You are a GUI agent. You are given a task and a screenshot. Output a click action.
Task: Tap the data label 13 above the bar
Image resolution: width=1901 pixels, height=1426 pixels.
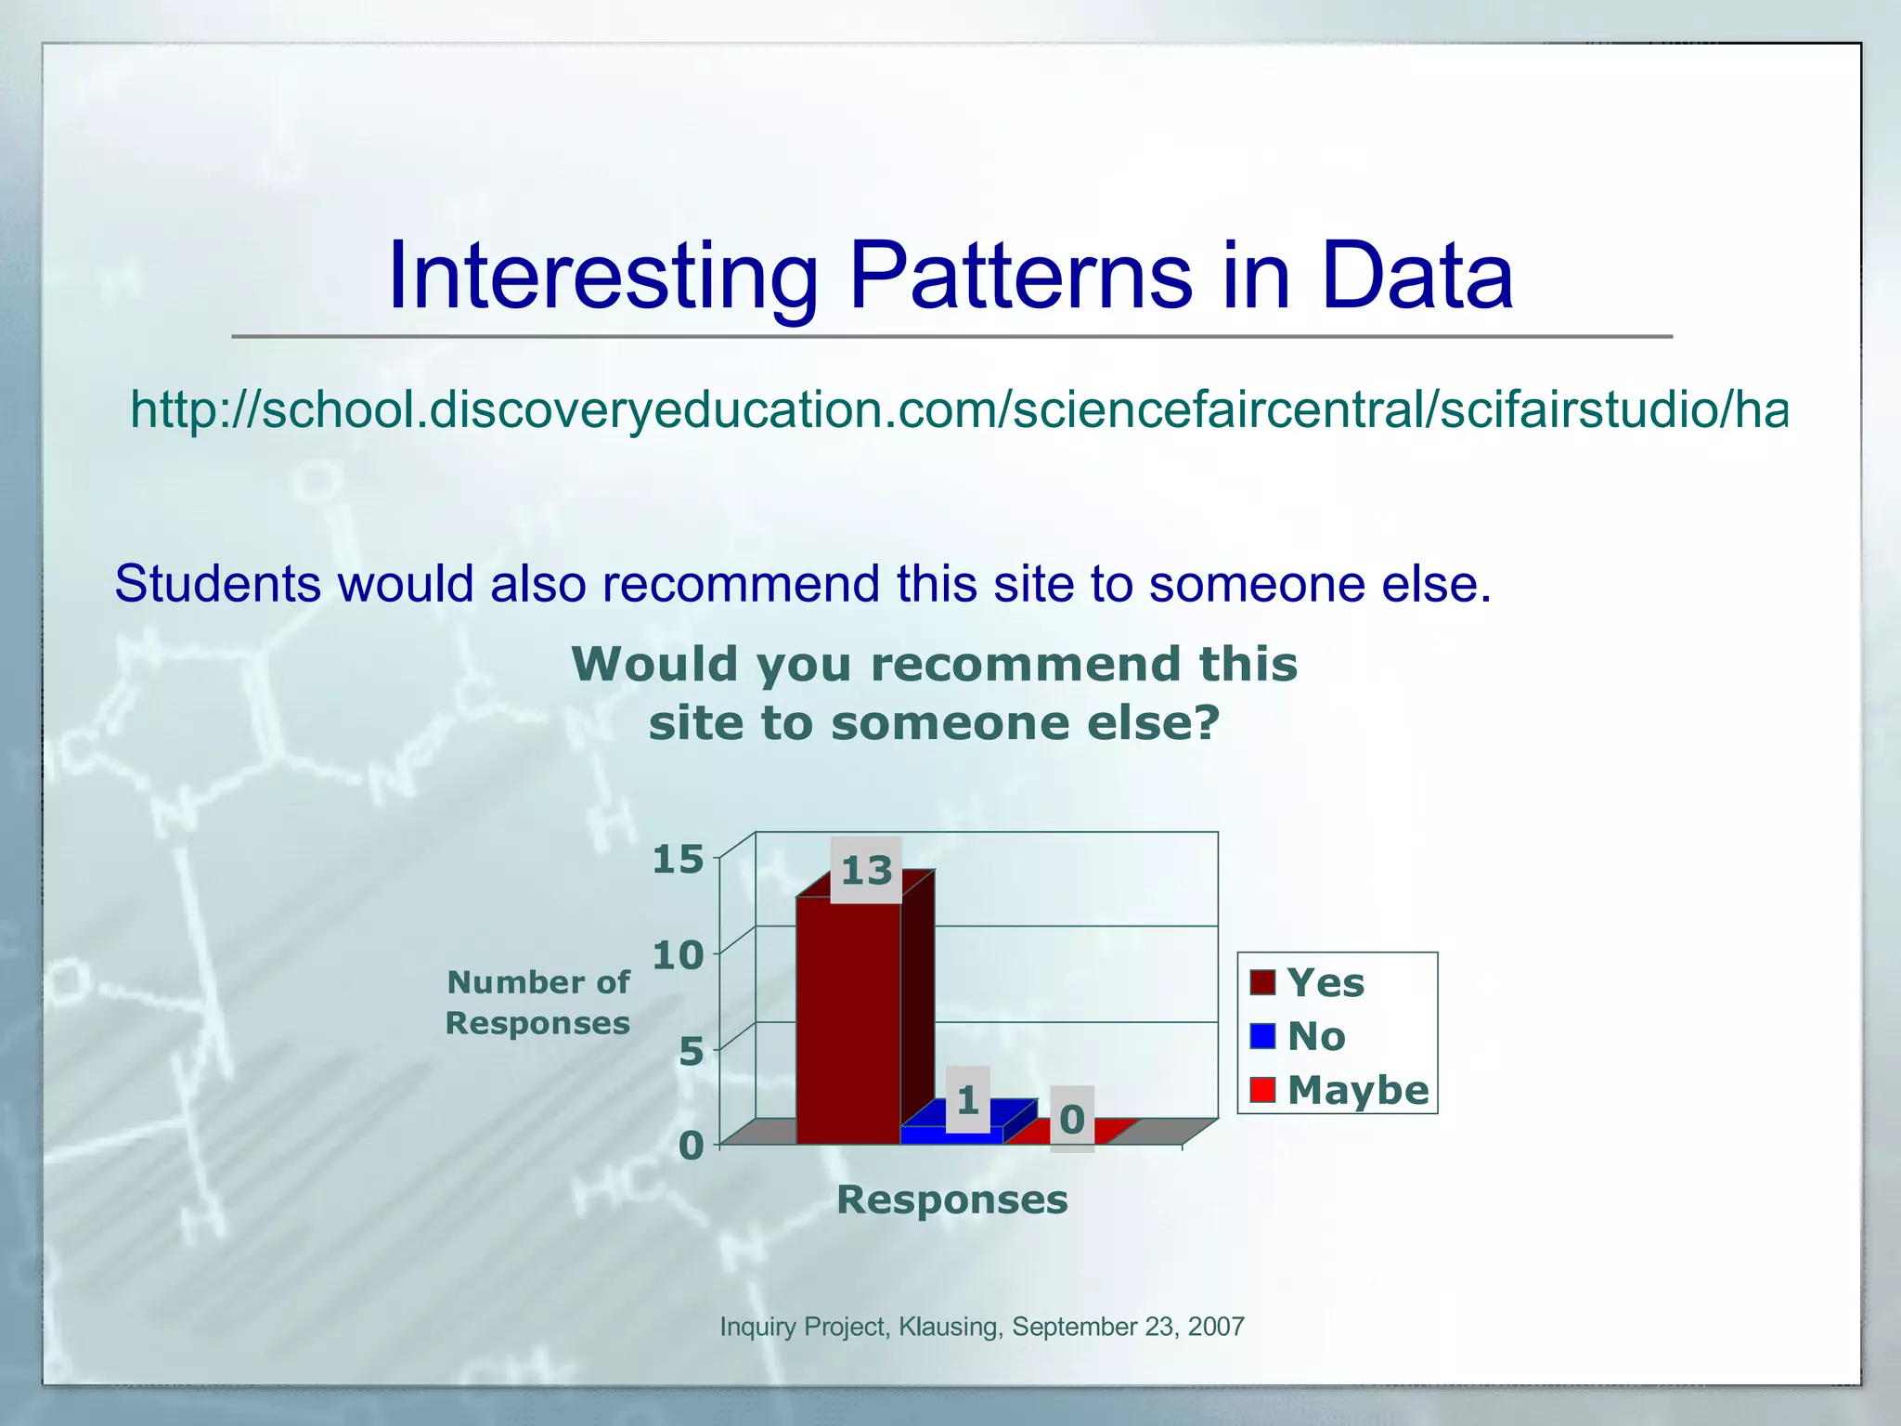(x=866, y=871)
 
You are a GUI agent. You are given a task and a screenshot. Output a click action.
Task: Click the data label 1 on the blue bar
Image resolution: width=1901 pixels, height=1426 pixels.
(x=967, y=1100)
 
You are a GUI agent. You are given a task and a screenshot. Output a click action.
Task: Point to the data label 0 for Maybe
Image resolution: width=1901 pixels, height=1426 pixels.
(x=1072, y=1120)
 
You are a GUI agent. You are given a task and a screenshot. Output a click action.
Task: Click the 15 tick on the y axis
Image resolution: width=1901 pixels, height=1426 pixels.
(x=678, y=860)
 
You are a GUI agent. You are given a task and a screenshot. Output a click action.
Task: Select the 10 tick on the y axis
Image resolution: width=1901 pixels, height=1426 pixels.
(x=678, y=955)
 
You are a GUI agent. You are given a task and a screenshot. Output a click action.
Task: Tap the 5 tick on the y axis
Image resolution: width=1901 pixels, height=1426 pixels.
(x=691, y=1052)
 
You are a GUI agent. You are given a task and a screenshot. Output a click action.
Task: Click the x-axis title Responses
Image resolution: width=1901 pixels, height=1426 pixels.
(x=951, y=1199)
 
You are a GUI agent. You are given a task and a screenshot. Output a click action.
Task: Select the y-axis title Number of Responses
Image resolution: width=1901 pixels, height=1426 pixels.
(x=537, y=1002)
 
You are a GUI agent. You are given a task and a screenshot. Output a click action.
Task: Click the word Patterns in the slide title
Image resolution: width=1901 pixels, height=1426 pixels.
(x=1019, y=276)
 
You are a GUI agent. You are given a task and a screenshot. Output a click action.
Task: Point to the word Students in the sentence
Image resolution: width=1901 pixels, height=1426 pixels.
(x=217, y=584)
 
